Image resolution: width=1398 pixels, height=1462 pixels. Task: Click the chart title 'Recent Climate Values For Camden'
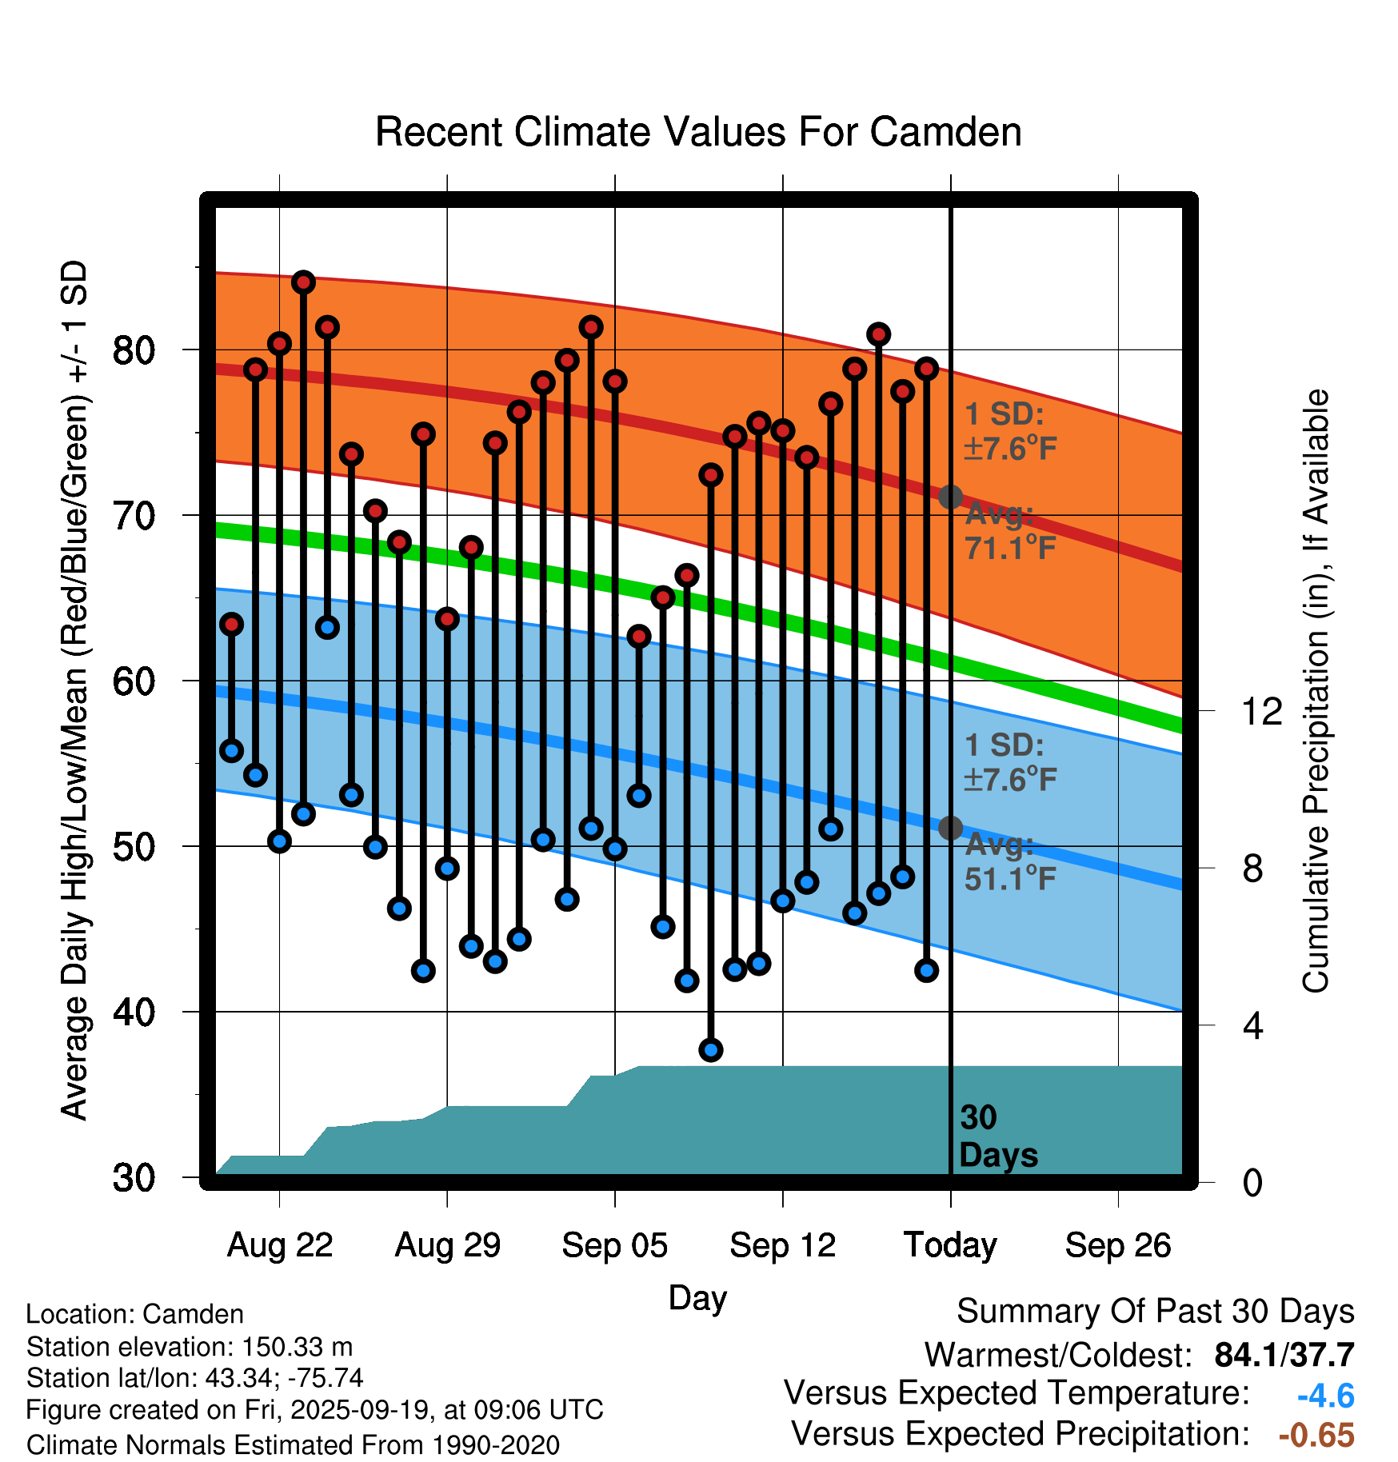point(698,132)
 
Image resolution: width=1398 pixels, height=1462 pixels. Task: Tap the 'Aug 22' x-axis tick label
point(279,1245)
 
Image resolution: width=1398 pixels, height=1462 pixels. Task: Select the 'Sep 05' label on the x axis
point(614,1245)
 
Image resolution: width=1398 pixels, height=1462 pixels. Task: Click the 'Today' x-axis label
point(950,1245)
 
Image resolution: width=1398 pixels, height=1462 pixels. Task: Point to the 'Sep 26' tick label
point(1117,1245)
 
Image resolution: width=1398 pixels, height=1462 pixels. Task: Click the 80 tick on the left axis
point(134,350)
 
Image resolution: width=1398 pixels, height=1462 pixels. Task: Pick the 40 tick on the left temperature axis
point(134,1013)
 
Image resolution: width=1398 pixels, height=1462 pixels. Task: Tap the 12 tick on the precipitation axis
point(1261,711)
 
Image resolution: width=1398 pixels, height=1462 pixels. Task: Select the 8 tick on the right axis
point(1252,869)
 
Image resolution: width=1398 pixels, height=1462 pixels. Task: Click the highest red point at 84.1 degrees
point(303,282)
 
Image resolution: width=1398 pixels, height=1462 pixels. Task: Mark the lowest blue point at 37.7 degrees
point(710,1050)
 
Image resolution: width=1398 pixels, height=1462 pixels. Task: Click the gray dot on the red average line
point(950,497)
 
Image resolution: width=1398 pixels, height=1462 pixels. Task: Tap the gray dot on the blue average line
point(950,828)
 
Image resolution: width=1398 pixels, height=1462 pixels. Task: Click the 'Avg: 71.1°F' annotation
point(1009,531)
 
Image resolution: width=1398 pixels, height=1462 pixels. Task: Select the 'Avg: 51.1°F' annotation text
point(1009,862)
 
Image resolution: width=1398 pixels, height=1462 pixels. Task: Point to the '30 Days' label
point(997,1136)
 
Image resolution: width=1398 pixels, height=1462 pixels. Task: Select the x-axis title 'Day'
point(697,1297)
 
